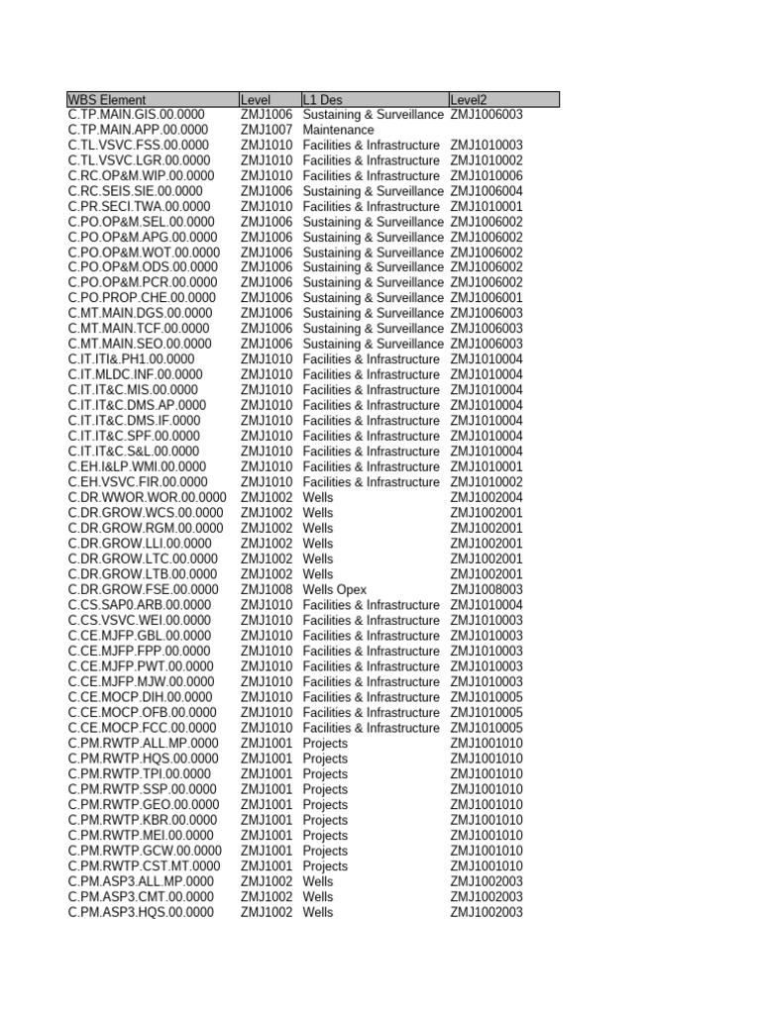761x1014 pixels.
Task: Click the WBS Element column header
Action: pyautogui.click(x=107, y=100)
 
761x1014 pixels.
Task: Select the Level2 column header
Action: pyautogui.click(x=469, y=100)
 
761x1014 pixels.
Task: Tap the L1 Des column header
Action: pyautogui.click(x=323, y=100)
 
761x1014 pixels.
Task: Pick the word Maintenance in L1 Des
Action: pyautogui.click(x=339, y=130)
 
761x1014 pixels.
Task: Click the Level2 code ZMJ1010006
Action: pyautogui.click(x=487, y=175)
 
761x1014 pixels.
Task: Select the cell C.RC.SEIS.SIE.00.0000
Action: pyautogui.click(x=136, y=191)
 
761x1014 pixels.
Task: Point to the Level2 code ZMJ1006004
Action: pyautogui.click(x=487, y=191)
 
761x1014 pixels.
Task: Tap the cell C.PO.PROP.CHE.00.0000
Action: pyautogui.click(x=142, y=298)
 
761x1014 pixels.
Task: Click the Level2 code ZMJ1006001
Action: pyautogui.click(x=487, y=298)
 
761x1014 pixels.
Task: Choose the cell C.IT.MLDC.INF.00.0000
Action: pyautogui.click(x=136, y=374)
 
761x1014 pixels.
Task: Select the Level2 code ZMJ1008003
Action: pyautogui.click(x=487, y=589)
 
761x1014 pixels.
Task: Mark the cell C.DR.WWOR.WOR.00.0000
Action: pyautogui.click(x=147, y=497)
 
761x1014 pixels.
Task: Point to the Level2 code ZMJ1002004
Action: pyautogui.click(x=487, y=497)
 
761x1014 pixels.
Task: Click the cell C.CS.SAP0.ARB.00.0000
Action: pyautogui.click(x=140, y=605)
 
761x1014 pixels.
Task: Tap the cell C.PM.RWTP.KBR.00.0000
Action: pyautogui.click(x=143, y=820)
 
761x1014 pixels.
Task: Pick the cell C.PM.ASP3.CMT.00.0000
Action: pyautogui.click(x=141, y=896)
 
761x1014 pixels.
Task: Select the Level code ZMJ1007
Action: pyautogui.click(x=267, y=130)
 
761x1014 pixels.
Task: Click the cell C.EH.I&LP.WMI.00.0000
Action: pyautogui.click(x=138, y=466)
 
